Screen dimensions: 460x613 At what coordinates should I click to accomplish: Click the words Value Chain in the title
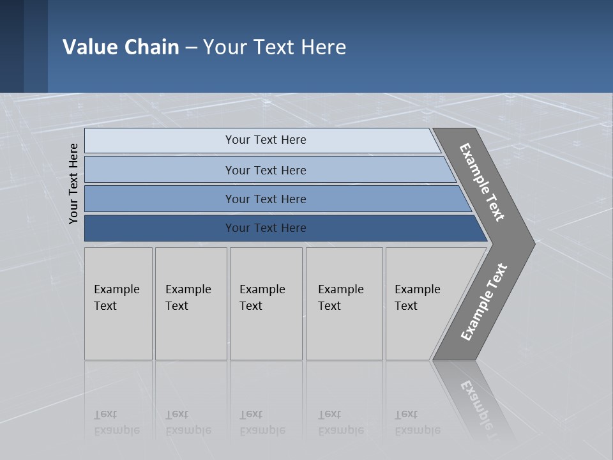tap(121, 47)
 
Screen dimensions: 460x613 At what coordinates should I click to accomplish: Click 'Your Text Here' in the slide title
tap(275, 47)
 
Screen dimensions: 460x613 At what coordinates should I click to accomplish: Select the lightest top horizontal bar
tap(265, 140)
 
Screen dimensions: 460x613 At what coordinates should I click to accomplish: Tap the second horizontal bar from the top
tap(265, 170)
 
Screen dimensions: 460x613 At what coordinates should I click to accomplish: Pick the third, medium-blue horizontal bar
tap(265, 199)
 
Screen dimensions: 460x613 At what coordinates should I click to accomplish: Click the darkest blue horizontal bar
tap(265, 228)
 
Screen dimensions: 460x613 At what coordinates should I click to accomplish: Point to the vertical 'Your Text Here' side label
tap(73, 184)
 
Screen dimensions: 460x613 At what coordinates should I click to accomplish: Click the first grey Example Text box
tap(118, 303)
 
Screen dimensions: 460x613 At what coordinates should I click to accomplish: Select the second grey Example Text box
tap(190, 303)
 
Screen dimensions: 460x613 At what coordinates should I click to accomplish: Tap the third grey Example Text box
tap(265, 303)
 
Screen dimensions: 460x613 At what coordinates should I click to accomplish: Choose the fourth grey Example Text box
tap(344, 303)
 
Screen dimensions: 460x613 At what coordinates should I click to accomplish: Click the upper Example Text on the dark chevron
tap(482, 182)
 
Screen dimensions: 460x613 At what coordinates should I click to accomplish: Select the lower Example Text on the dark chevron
tap(483, 302)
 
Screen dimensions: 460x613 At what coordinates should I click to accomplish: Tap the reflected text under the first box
tap(116, 422)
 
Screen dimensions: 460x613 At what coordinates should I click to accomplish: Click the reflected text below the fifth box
tap(418, 422)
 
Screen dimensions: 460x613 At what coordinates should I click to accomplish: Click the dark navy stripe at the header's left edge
tap(11, 46)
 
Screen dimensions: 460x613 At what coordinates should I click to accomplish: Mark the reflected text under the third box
tap(262, 422)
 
